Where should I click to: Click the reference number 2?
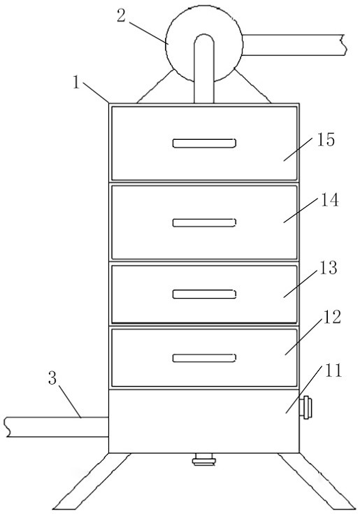point(121,15)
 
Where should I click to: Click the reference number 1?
point(76,82)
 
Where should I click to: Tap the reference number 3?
point(52,378)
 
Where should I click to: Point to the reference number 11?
point(333,371)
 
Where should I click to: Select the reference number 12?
point(332,317)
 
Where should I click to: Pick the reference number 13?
point(329,268)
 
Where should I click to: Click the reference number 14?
point(329,200)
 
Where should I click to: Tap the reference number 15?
point(326,139)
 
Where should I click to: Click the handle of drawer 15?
point(204,143)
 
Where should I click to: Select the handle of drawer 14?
point(204,222)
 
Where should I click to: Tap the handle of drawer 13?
point(204,294)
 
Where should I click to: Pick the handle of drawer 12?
point(204,357)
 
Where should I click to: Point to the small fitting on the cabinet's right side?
point(306,407)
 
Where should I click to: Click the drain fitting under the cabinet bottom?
point(204,459)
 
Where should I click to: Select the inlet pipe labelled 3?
point(57,427)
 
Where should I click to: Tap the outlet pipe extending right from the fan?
point(294,45)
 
